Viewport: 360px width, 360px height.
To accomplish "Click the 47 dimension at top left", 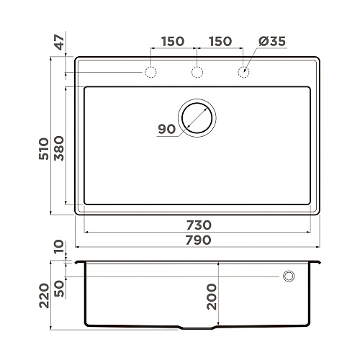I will pos(60,42).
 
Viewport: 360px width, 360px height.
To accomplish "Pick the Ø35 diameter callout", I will pos(271,42).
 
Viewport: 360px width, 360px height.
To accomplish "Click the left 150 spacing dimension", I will pos(172,42).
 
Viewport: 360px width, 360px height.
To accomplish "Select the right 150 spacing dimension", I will pos(220,42).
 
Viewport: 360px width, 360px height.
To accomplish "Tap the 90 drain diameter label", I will pos(166,130).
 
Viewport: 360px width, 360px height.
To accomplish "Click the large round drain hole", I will pos(197,117).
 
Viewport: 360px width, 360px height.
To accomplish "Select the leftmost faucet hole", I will pos(150,72).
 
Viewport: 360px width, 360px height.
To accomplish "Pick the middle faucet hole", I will pos(197,72).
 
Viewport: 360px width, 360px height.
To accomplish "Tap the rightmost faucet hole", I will pos(243,72).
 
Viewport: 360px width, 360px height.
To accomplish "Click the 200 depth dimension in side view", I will pos(212,296).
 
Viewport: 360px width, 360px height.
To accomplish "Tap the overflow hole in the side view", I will pos(289,276).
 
